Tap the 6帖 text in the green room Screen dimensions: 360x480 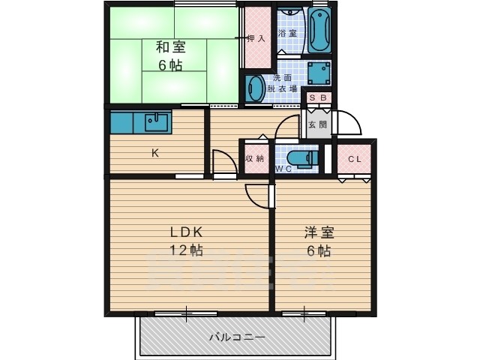(169, 64)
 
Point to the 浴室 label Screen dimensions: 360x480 (287, 34)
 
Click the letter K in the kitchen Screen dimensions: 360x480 (155, 153)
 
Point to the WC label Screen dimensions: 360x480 (283, 169)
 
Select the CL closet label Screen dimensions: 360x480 (355, 158)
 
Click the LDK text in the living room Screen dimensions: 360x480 (186, 232)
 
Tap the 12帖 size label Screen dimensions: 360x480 (186, 250)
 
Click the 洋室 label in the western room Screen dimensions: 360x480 (318, 232)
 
